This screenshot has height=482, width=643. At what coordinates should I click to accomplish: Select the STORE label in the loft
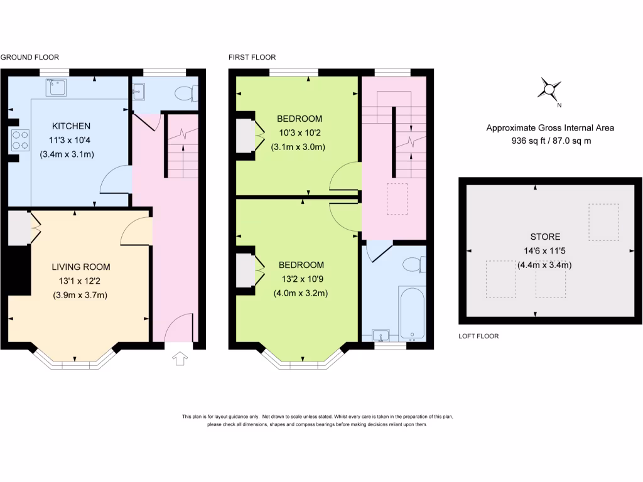tap(544, 237)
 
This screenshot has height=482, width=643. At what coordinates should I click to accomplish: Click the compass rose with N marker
tap(549, 90)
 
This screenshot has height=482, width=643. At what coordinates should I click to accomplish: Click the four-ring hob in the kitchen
tap(20, 139)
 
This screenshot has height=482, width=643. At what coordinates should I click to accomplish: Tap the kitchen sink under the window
tap(58, 88)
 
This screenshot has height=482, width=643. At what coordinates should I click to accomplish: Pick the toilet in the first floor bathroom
tap(414, 264)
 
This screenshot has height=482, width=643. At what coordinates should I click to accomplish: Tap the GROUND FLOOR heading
tap(30, 57)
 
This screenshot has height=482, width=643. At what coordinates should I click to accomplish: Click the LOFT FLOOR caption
tap(478, 336)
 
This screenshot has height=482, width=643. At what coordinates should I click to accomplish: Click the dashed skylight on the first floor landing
tap(397, 200)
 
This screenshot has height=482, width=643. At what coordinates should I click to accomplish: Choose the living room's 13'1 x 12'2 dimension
tap(80, 281)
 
